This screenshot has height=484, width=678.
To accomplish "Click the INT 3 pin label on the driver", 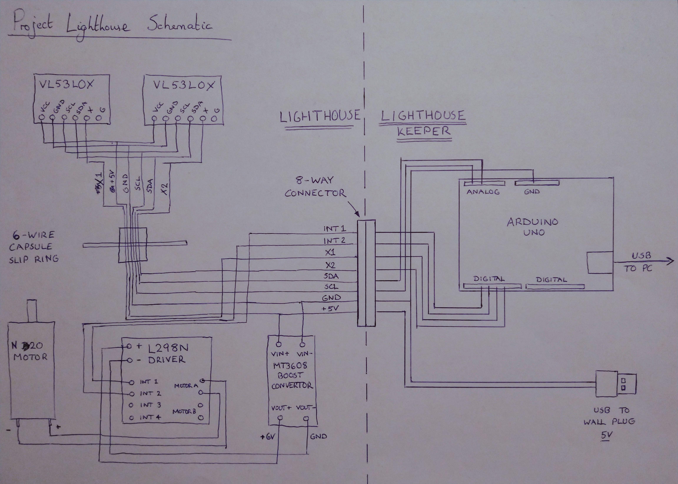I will (x=151, y=405).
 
